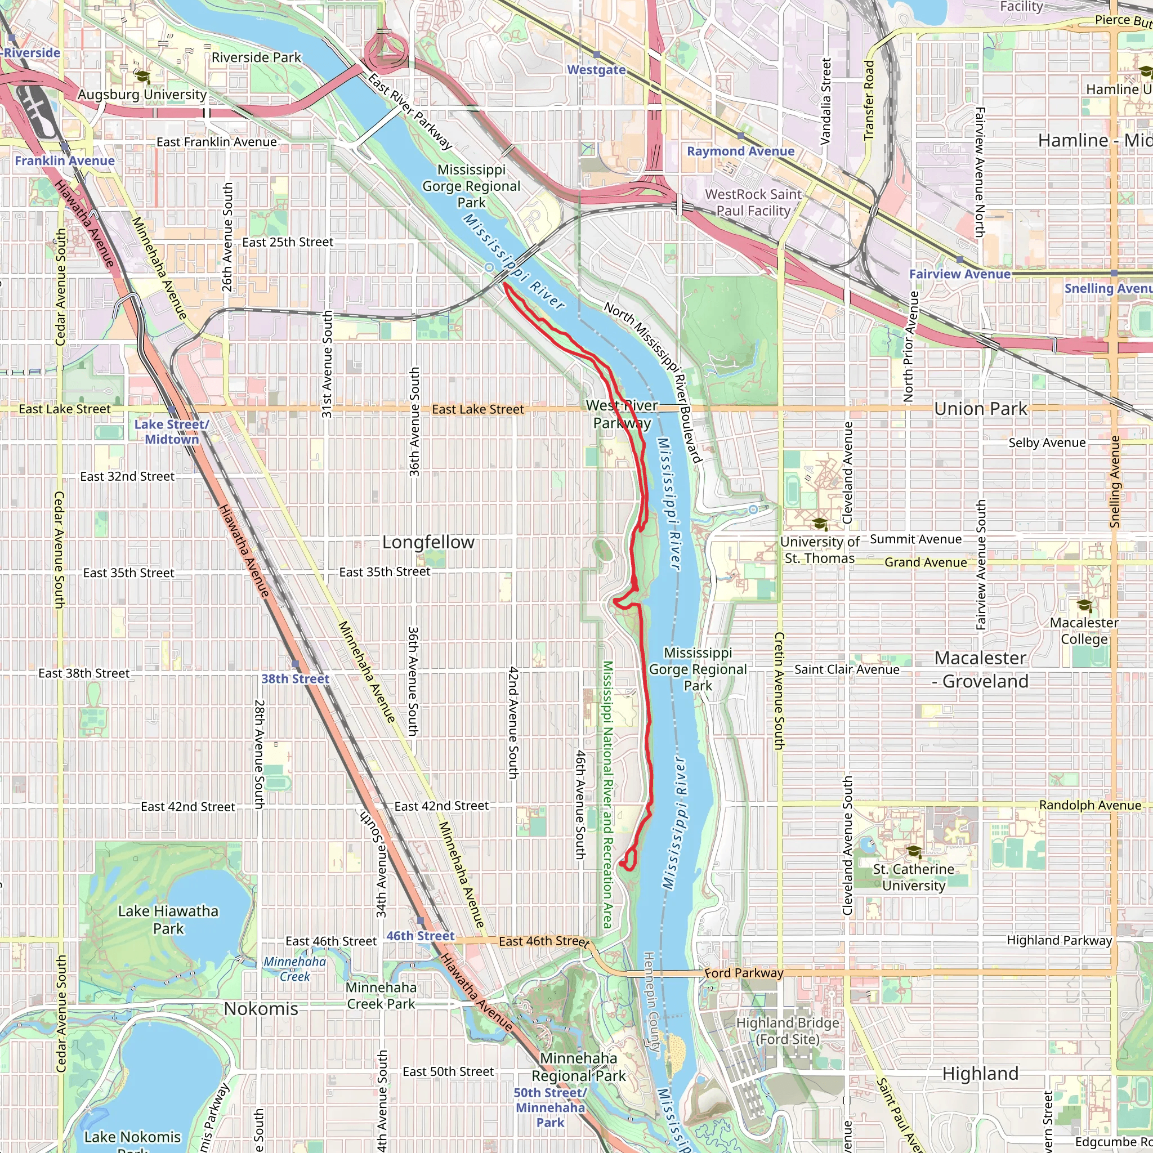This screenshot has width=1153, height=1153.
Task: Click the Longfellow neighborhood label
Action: [428, 542]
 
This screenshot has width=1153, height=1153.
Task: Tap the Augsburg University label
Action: [142, 94]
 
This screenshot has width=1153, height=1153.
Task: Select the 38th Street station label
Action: [295, 678]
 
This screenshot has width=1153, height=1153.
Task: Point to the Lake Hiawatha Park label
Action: [168, 920]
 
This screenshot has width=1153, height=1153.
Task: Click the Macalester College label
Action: [1084, 631]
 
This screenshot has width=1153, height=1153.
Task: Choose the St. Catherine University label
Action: [913, 877]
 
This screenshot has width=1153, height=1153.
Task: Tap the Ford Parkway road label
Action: [744, 973]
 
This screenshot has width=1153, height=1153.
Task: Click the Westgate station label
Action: [596, 70]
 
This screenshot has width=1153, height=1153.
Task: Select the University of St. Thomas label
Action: [819, 549]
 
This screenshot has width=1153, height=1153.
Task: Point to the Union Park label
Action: [981, 409]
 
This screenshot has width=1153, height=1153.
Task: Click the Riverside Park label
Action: [256, 57]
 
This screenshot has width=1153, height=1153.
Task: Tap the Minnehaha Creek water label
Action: [295, 969]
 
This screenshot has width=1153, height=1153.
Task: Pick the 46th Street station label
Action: [420, 936]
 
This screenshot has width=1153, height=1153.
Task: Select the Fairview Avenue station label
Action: [960, 274]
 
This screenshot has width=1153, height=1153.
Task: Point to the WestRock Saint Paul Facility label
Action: [753, 202]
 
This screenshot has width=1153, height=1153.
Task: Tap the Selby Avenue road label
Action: [1047, 443]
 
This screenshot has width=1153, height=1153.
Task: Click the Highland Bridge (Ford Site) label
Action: [787, 1031]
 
